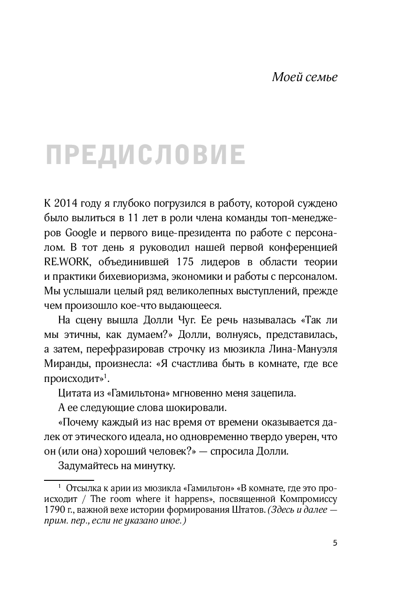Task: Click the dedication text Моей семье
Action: pos(304,76)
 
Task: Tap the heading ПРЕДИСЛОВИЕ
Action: pos(146,155)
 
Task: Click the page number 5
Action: pos(334,543)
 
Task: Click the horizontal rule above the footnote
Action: pos(69,479)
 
